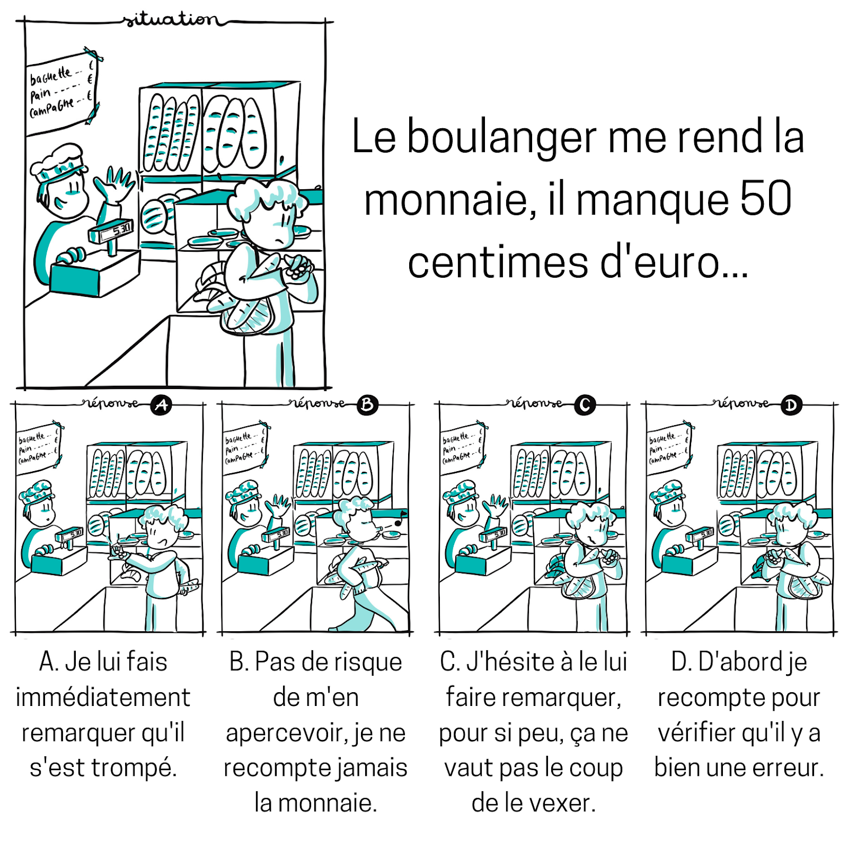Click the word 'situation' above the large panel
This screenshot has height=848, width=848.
coord(171,20)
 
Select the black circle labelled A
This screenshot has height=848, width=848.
coord(161,405)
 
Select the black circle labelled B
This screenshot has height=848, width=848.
coord(367,405)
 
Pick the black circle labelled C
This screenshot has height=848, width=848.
coord(585,405)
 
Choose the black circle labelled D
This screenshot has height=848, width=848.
coord(791,405)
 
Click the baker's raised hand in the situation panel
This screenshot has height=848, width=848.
coord(115,183)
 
